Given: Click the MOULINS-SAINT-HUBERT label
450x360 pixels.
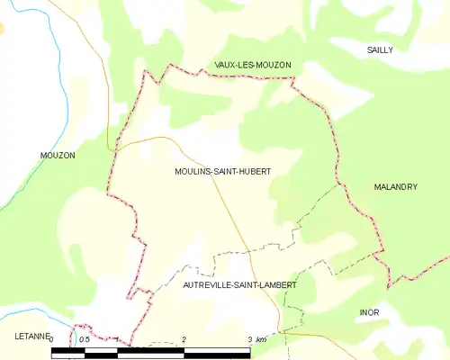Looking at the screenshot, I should [x=223, y=171].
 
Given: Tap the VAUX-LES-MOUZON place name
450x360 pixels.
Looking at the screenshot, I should [x=253, y=65].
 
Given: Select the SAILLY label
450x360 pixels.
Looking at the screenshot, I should [x=380, y=50].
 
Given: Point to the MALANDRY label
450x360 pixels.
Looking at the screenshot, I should [x=395, y=186].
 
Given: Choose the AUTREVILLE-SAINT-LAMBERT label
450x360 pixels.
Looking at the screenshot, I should [x=239, y=284].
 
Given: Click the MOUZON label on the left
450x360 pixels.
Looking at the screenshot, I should [x=58, y=156].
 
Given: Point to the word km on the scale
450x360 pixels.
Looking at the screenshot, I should [x=261, y=340].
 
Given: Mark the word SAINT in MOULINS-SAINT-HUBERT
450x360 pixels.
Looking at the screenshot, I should [x=227, y=171].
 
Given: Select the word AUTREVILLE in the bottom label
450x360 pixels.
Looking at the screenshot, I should [x=205, y=284].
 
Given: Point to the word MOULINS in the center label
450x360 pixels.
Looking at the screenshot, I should [x=192, y=171].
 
